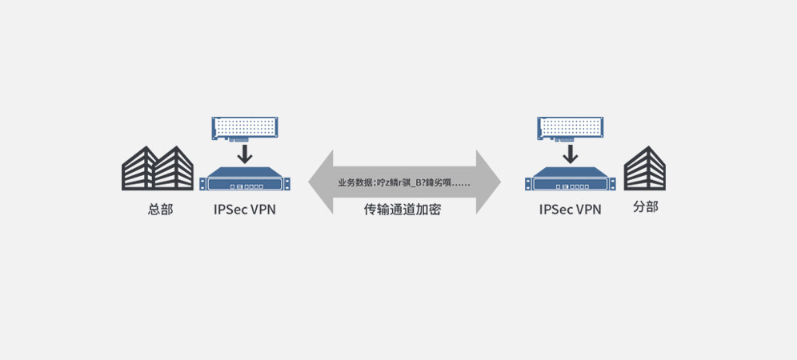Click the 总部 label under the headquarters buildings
click(160, 210)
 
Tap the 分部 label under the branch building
click(645, 206)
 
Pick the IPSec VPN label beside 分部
click(570, 210)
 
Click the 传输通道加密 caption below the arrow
click(403, 210)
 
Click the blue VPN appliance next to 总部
click(245, 180)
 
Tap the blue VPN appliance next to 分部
click(569, 180)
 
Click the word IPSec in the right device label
click(555, 210)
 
